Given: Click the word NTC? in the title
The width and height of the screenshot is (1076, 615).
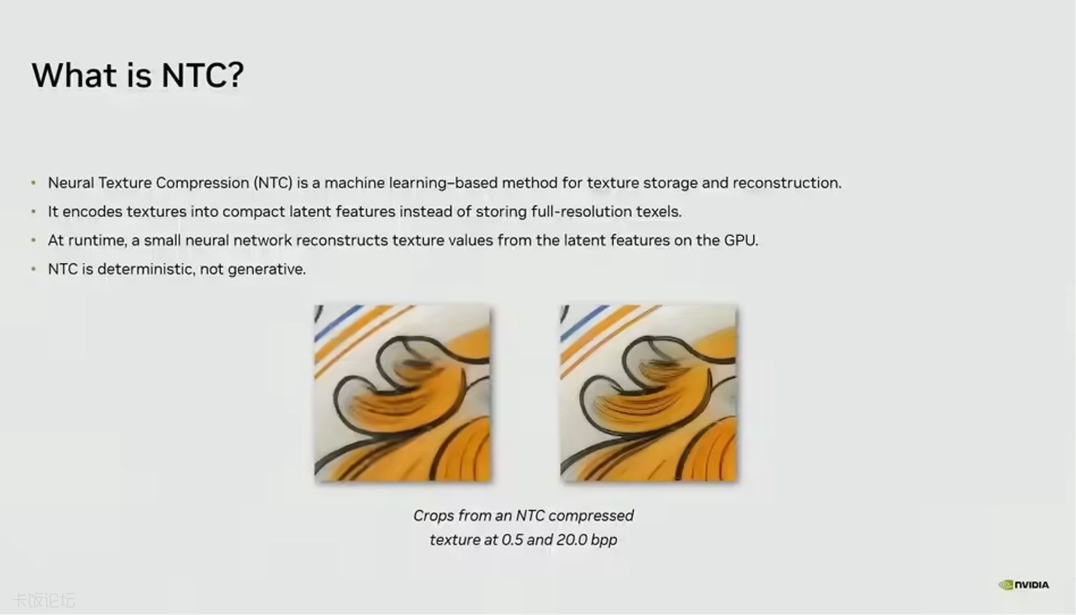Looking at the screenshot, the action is click(203, 75).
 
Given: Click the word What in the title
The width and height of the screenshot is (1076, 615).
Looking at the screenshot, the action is click(74, 75).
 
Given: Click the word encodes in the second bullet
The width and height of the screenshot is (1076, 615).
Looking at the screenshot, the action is click(92, 212).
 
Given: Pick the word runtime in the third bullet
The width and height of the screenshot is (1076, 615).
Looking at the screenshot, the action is click(97, 240).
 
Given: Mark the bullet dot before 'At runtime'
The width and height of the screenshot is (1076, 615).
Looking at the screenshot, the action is click(33, 240).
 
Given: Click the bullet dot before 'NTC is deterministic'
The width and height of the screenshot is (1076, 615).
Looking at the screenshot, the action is click(33, 269).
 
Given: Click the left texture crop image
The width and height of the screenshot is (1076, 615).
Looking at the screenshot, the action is click(402, 393).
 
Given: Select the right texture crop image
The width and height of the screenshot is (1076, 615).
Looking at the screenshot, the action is click(649, 393).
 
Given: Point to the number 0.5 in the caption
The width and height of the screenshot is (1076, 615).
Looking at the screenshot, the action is click(512, 540).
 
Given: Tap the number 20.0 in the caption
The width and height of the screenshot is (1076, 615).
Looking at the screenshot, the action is click(572, 540).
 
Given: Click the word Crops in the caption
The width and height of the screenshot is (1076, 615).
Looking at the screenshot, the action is click(434, 516).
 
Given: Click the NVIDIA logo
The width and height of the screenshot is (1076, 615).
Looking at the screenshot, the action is click(1023, 585).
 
